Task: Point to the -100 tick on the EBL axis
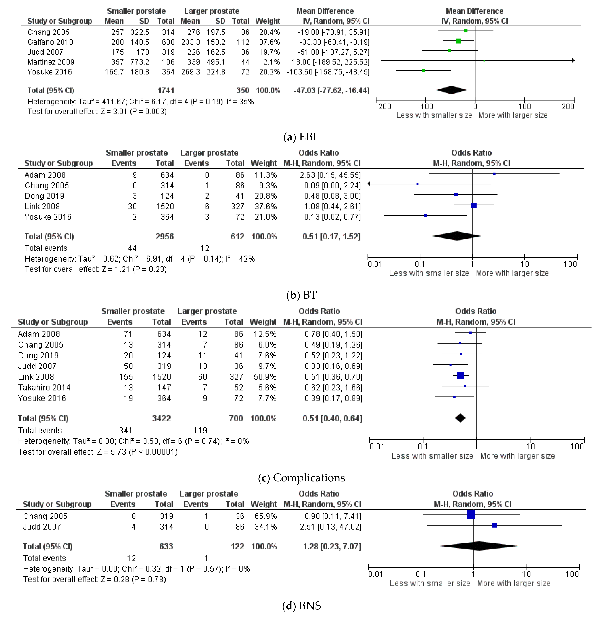pyautogui.click(x=425, y=106)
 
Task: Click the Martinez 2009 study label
pyautogui.click(x=51, y=62)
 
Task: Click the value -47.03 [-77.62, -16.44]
pyautogui.click(x=331, y=90)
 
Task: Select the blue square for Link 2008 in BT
pyautogui.click(x=474, y=205)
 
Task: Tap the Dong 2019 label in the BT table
pyautogui.click(x=44, y=196)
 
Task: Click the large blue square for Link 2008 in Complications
pyautogui.click(x=460, y=376)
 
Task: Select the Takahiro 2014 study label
pyautogui.click(x=44, y=387)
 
